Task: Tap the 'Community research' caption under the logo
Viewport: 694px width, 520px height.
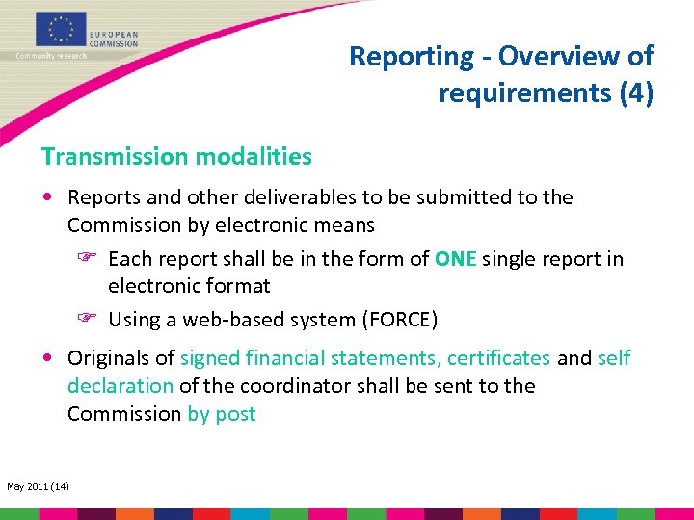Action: point(51,56)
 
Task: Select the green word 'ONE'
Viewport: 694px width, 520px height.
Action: point(456,259)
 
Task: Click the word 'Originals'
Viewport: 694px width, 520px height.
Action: point(108,358)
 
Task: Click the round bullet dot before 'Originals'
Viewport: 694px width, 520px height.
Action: point(48,358)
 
